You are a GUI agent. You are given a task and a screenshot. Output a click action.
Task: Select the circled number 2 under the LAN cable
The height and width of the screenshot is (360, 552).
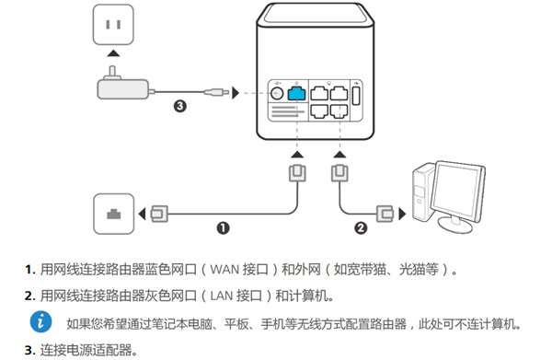coord(361,225)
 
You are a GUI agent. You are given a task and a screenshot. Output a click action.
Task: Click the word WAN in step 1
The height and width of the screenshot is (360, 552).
coord(228,270)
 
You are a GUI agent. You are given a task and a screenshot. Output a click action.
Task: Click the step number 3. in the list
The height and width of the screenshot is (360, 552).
coord(29,350)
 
